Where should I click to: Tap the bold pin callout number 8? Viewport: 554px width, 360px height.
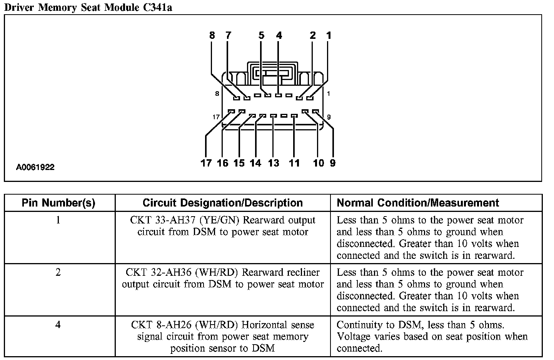212,35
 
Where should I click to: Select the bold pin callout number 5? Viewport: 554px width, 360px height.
262,35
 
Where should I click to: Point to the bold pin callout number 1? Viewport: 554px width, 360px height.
329,35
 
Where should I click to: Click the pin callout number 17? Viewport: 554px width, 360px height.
206,163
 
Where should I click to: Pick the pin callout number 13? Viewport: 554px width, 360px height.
274,163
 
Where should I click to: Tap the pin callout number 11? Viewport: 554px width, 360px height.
294,163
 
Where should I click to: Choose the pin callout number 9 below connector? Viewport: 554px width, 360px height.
332,163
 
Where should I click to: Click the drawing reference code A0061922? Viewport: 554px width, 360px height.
35,167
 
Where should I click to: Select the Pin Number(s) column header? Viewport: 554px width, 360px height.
58,203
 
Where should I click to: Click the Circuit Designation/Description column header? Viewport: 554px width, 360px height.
222,203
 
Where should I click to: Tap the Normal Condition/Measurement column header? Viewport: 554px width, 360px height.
418,203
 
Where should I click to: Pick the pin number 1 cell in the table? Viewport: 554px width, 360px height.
58,220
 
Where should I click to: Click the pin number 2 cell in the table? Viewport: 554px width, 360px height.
58,273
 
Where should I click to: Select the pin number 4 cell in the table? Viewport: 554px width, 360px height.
58,325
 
